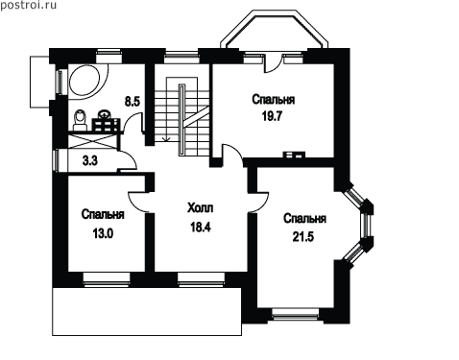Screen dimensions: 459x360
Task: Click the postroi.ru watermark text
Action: pos(28,5)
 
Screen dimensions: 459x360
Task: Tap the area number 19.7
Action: pos(272,116)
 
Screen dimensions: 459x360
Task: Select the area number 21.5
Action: pos(303,237)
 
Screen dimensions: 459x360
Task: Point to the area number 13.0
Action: pos(103,234)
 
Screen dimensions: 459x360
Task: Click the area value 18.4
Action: pos(201,227)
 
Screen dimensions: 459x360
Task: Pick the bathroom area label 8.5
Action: pos(133,102)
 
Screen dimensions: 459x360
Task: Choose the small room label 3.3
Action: pos(90,160)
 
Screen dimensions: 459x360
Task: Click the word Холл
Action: pos(200,208)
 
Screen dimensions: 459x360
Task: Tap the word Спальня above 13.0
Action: pos(103,214)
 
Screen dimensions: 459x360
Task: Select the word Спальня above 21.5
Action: pos(304,219)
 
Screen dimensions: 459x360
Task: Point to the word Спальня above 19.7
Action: pos(273,100)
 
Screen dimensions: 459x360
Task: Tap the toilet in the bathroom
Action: pos(80,120)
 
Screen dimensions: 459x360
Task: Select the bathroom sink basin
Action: pos(104,114)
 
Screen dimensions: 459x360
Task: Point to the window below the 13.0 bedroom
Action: pos(107,278)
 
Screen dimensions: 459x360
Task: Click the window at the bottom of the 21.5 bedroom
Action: pos(296,314)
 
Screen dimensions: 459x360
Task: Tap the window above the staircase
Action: pos(181,56)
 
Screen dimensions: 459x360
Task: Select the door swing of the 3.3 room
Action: pos(128,160)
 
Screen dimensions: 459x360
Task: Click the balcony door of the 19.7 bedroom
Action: pos(272,63)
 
